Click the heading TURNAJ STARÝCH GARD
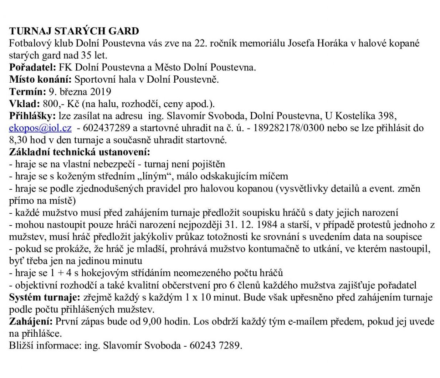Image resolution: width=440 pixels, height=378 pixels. coord(74,31)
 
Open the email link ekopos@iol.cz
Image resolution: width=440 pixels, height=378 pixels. coord(40,128)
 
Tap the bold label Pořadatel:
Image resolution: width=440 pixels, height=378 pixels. coord(32,67)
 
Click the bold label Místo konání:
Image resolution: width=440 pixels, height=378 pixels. coord(41,79)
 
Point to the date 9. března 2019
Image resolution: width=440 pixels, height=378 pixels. coord(80,92)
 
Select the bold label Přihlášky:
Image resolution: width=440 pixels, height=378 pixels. coord(32,116)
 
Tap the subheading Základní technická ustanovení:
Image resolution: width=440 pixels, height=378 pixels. coord(79,152)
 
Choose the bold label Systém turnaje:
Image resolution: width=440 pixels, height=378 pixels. coord(44,298)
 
